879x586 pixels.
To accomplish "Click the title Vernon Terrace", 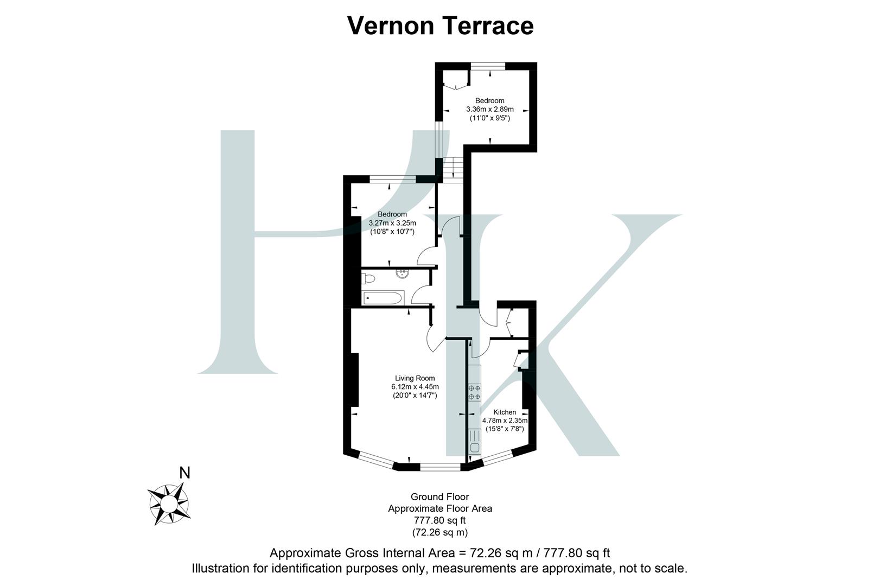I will [x=440, y=26].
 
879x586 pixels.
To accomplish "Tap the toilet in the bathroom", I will [x=369, y=279].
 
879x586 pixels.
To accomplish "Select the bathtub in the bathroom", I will [x=383, y=298].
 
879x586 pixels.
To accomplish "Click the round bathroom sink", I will [x=403, y=273].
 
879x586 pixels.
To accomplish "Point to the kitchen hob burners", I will [x=474, y=392].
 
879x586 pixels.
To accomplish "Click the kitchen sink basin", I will [x=475, y=448].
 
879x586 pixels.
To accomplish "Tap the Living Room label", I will [x=415, y=378].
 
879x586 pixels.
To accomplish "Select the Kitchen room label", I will [x=505, y=412].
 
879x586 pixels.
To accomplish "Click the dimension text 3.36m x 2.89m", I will [x=490, y=109].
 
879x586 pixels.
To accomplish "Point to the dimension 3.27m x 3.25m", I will [x=392, y=223].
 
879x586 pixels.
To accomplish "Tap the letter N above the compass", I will [x=184, y=473].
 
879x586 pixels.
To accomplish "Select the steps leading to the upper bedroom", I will [x=453, y=169].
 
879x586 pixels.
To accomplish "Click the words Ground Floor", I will [x=439, y=496].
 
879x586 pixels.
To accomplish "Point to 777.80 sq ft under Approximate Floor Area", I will [x=439, y=521].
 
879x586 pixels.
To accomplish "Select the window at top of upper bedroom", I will [x=488, y=66].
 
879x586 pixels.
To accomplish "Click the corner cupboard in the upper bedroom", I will [x=454, y=81].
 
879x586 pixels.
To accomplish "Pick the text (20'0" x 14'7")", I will [x=415, y=396].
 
